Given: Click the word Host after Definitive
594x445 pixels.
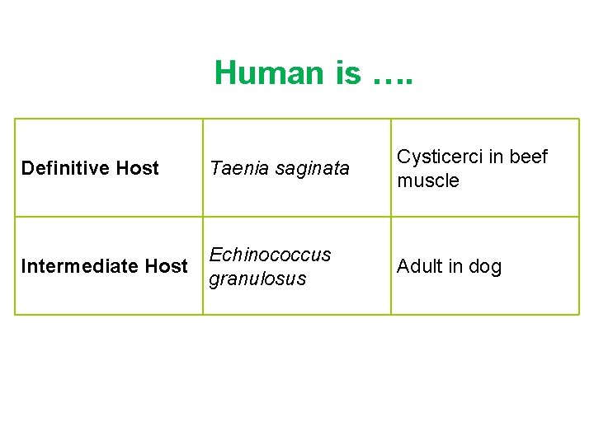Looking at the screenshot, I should pos(138,168).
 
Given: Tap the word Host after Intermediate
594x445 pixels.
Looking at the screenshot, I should pos(167,266).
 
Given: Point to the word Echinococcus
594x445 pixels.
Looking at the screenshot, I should pos(270,255).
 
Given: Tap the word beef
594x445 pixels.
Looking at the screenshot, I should pos(529,157).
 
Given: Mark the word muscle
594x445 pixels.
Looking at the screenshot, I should pos(427,180).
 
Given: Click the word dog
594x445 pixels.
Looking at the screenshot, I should pos(486,267).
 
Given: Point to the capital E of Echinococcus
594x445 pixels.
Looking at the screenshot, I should pos(215,255).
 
